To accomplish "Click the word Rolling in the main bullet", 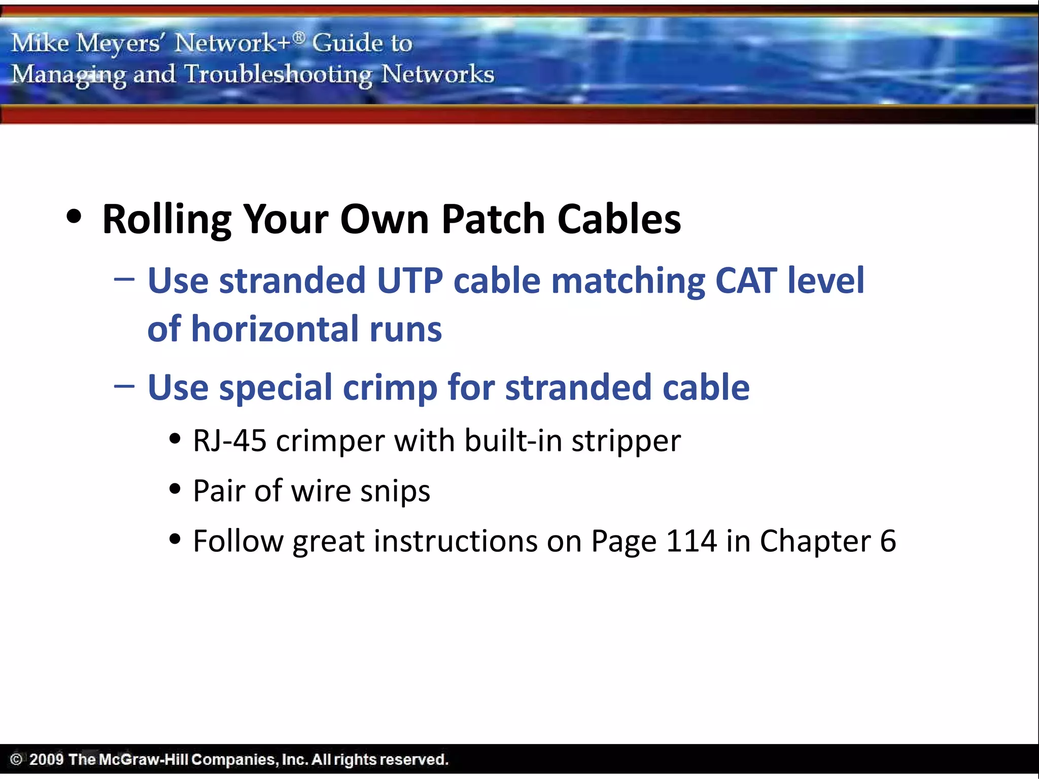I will [x=166, y=219].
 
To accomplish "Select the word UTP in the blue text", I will [x=410, y=280].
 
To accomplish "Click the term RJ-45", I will [x=230, y=440].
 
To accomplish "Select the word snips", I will [x=395, y=491].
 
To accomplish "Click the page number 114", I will [x=691, y=541].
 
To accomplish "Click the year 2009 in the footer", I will [x=46, y=759].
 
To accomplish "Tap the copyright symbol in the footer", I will [x=16, y=759].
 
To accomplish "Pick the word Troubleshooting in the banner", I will [x=278, y=75].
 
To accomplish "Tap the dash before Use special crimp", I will [x=124, y=386].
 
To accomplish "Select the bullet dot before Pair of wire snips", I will [x=175, y=489].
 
